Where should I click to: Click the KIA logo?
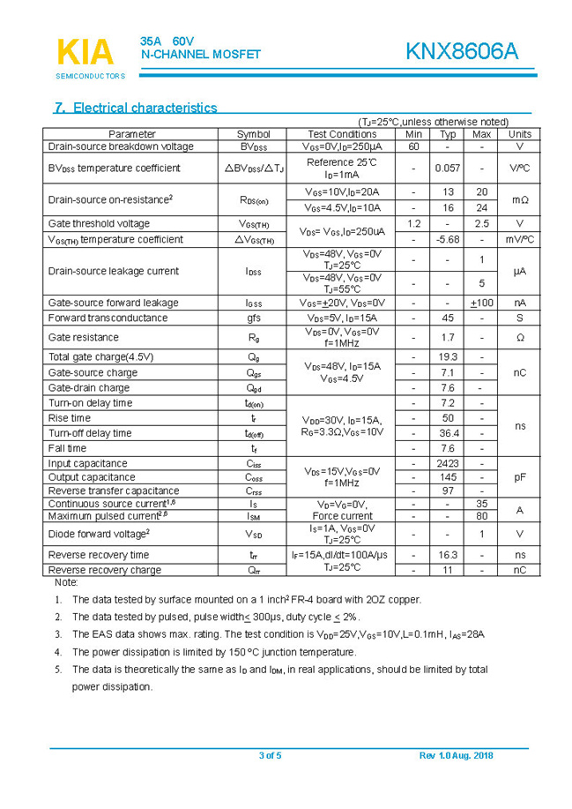pos(85,53)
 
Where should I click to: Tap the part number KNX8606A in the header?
pos(462,52)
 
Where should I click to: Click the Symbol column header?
pos(254,134)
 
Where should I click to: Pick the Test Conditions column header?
pos(342,134)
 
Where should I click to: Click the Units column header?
pos(519,134)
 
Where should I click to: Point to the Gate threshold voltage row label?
pos(99,224)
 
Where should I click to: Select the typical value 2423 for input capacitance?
pos(448,464)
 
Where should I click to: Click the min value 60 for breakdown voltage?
pos(413,146)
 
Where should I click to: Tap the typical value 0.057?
pos(448,168)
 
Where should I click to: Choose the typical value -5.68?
pos(448,240)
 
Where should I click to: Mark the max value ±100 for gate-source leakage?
pos(481,303)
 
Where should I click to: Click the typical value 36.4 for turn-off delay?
pos(448,433)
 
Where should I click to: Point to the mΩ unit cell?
pos(519,200)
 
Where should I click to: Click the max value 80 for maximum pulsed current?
pos(481,516)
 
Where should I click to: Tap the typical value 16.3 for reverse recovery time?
pos(448,555)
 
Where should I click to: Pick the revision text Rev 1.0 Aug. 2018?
pos(456,755)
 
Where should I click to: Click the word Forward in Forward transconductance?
pos(68,318)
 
